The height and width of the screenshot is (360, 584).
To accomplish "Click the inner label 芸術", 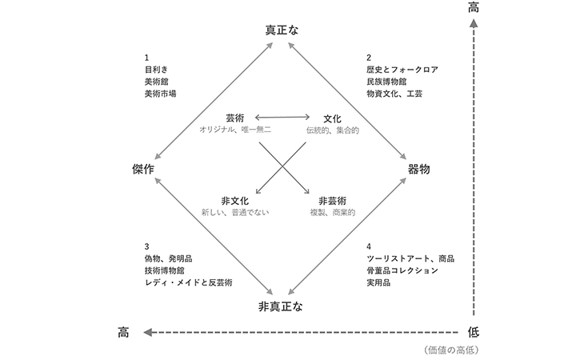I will point(235,118).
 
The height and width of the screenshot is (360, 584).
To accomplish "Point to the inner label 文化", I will point(332,118).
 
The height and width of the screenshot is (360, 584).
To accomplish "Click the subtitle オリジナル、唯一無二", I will point(235,130).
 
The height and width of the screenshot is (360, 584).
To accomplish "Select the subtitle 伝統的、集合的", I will point(333,130).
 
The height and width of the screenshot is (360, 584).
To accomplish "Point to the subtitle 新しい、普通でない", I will point(235,212).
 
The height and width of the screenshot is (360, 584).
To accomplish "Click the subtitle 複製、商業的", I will point(332,212).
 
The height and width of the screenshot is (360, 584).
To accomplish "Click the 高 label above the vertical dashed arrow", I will point(473,8).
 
